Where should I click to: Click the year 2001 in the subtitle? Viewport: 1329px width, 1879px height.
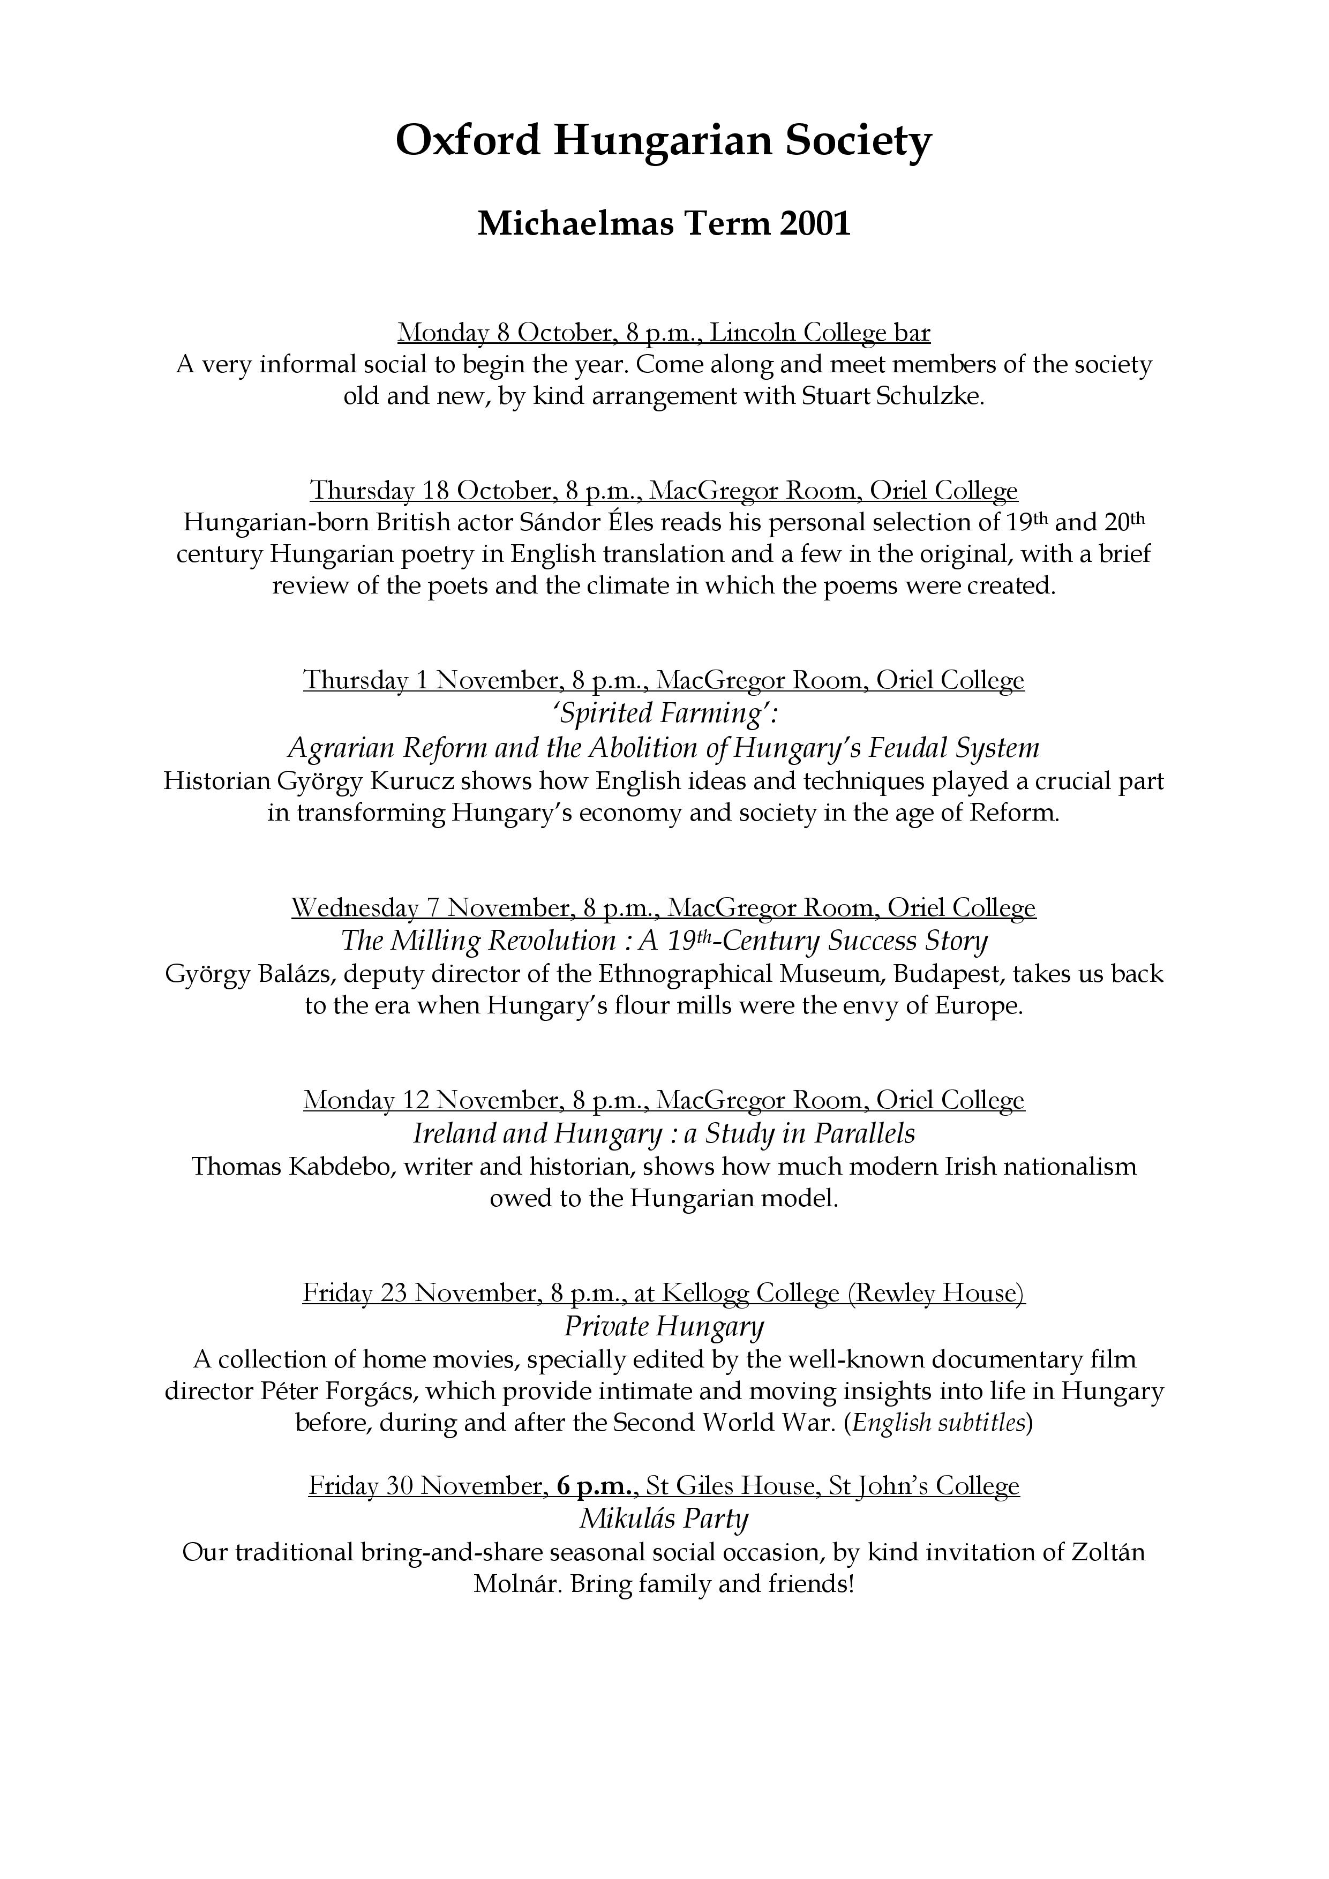[x=815, y=223]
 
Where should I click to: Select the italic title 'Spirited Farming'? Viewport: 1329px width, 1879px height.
[x=664, y=713]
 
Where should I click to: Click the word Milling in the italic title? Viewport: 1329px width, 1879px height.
[x=436, y=941]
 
